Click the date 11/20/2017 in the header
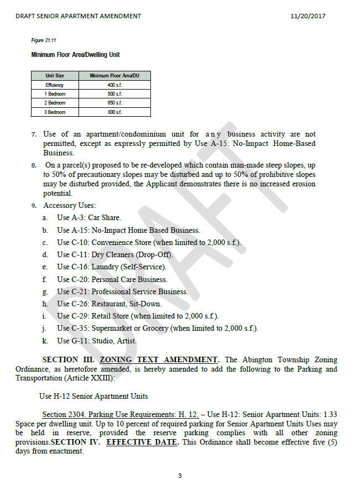[307, 16]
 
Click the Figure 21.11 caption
[44, 41]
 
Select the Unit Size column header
[55, 76]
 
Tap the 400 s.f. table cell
[114, 85]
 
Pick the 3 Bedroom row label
[55, 112]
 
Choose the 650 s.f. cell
[114, 103]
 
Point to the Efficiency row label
[55, 85]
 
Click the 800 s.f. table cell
[114, 112]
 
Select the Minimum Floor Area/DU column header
[114, 76]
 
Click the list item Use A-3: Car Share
[88, 218]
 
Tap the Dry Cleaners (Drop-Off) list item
[115, 255]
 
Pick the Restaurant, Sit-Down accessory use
[109, 304]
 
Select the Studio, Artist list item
[96, 341]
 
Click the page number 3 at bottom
[180, 476]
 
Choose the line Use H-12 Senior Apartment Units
[93, 397]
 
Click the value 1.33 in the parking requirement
[330, 415]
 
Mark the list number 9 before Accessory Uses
[34, 206]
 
